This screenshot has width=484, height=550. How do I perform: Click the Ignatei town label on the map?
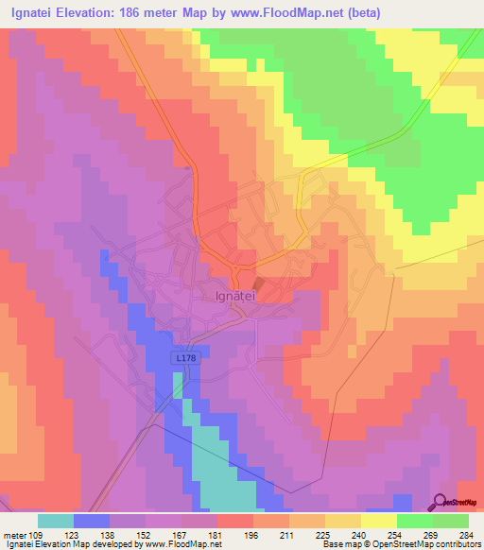click(230, 295)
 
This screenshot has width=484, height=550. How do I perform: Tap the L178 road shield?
click(185, 358)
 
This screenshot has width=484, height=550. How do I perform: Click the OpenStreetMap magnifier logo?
click(438, 503)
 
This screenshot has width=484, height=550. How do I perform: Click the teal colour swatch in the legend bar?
click(56, 520)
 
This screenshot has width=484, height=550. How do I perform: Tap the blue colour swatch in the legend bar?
click(92, 520)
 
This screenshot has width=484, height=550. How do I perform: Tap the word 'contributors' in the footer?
click(454, 544)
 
